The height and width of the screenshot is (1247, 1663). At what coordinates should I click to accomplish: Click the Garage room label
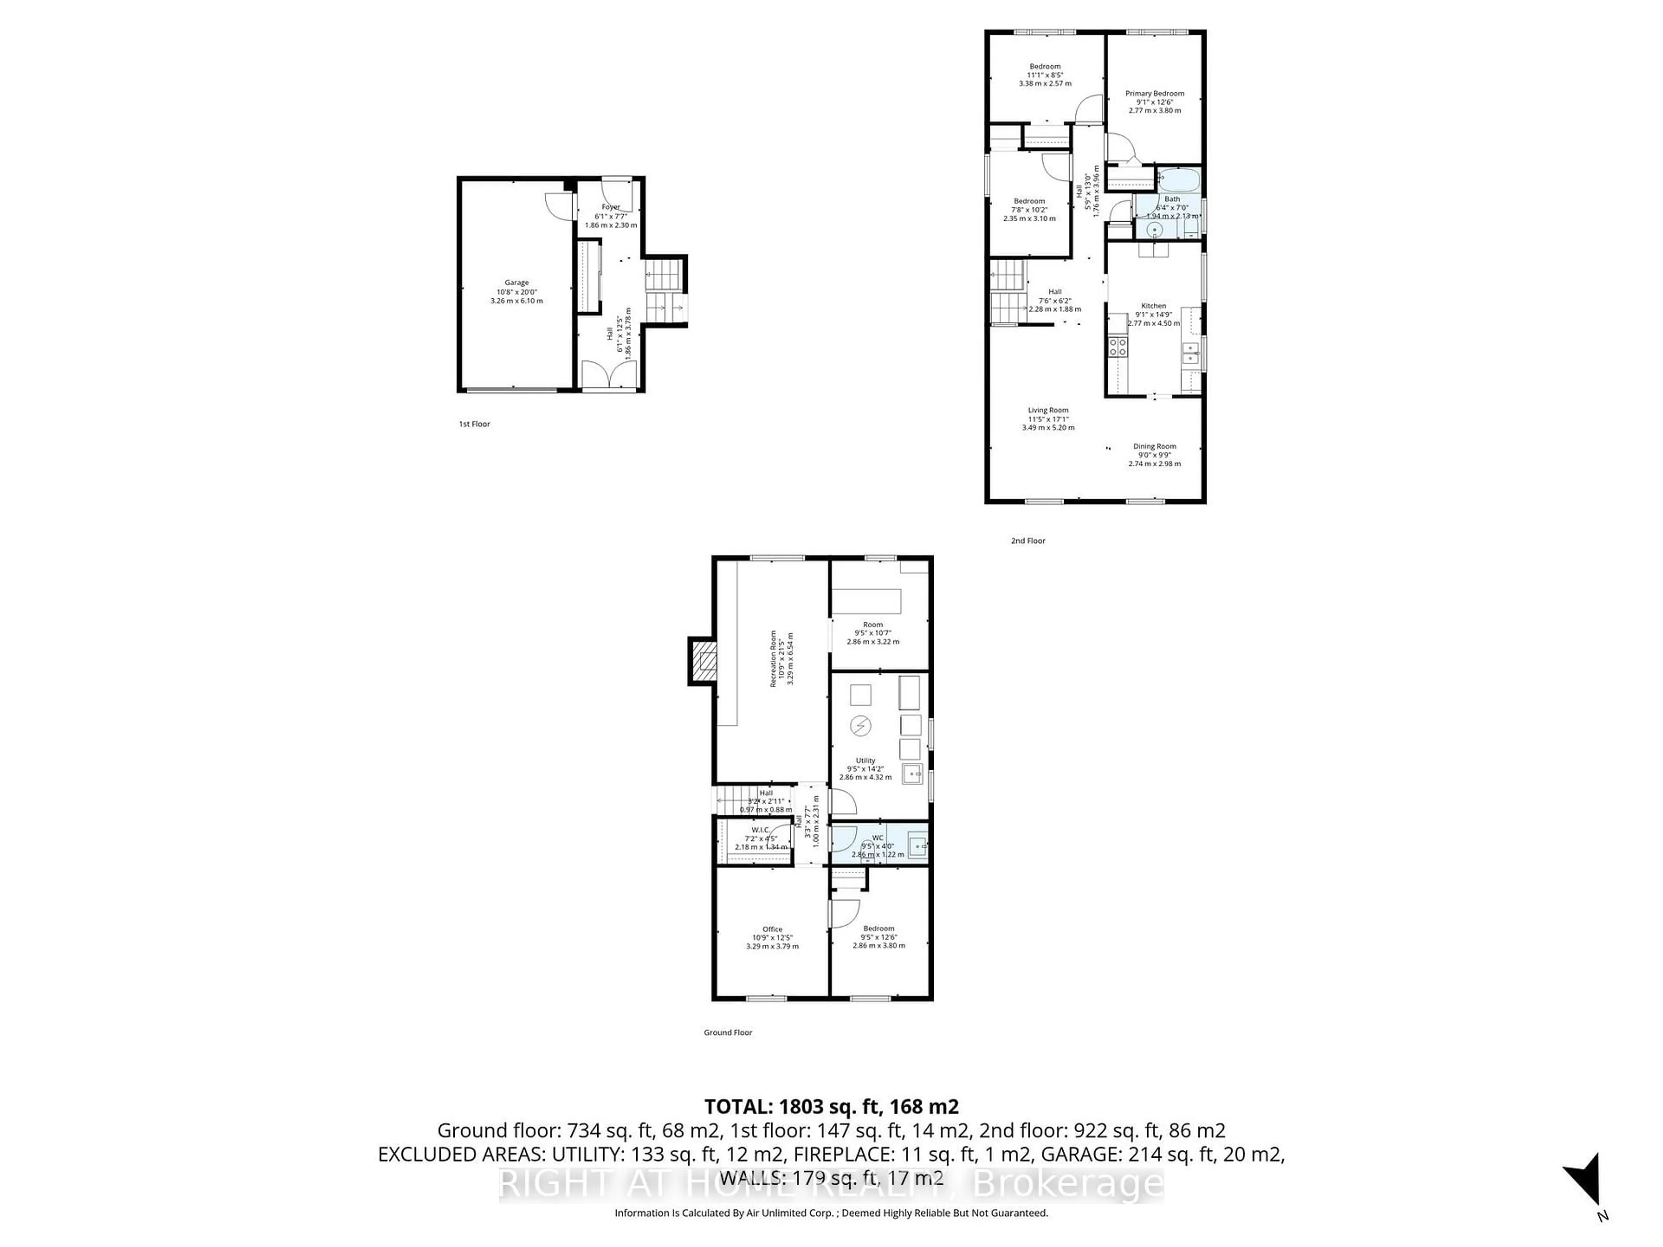[517, 283]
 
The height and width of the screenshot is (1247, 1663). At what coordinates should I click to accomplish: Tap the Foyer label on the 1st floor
[611, 207]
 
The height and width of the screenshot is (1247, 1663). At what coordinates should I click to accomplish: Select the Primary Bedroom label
[1154, 93]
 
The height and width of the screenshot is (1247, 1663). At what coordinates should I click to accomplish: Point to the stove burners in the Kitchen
[1118, 346]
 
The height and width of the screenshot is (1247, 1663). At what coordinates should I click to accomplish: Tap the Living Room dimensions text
[1048, 423]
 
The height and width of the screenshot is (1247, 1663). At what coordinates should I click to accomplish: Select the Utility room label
[865, 760]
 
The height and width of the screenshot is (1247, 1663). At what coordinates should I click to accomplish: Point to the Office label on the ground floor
[772, 929]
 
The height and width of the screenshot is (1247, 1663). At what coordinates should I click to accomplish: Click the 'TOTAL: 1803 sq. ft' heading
[831, 1106]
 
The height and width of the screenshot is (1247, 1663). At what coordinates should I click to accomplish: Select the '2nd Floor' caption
[1028, 540]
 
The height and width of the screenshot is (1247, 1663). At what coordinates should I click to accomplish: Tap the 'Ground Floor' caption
[727, 1032]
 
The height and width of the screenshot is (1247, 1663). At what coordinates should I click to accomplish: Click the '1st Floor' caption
[474, 424]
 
